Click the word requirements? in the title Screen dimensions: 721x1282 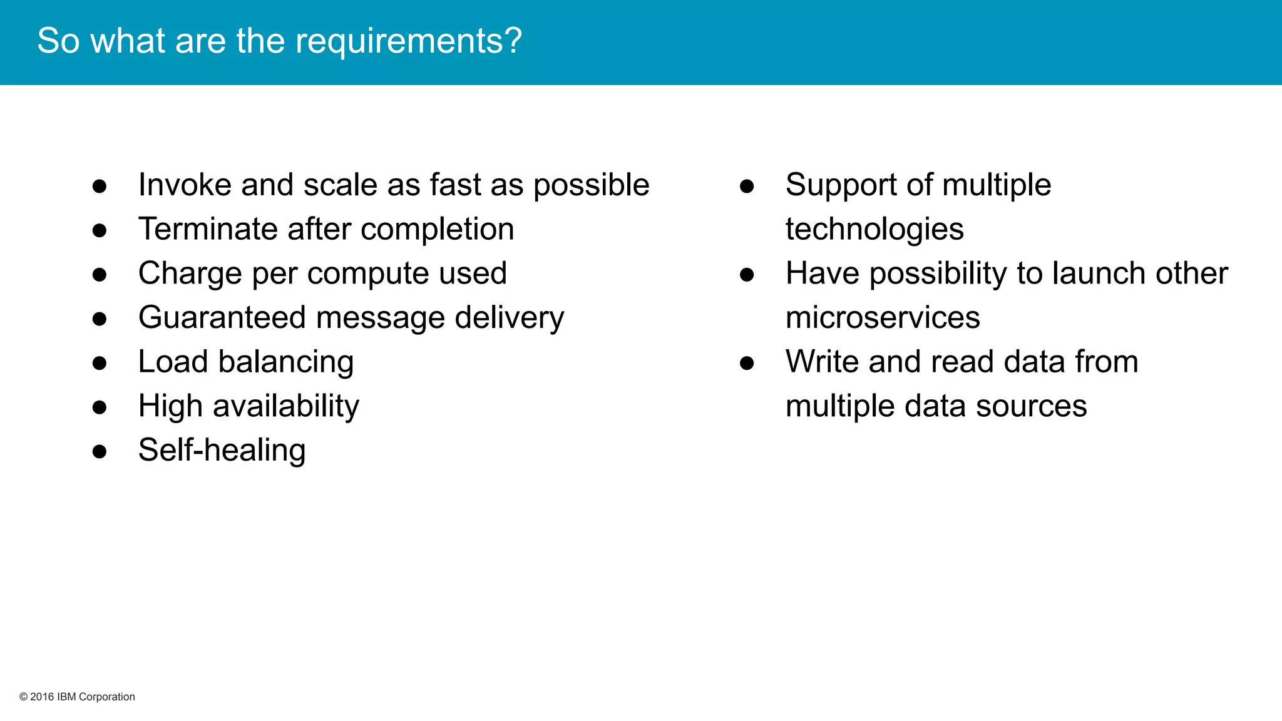408,42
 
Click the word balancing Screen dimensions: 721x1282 286,362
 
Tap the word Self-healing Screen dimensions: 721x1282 222,451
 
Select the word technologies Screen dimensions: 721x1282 874,229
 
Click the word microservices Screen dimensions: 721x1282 883,318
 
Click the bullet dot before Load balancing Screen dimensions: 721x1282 100,363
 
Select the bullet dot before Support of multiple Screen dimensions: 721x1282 747,186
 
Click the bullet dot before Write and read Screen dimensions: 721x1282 747,363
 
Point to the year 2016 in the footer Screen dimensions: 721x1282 42,697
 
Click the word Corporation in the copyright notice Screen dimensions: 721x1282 106,697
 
